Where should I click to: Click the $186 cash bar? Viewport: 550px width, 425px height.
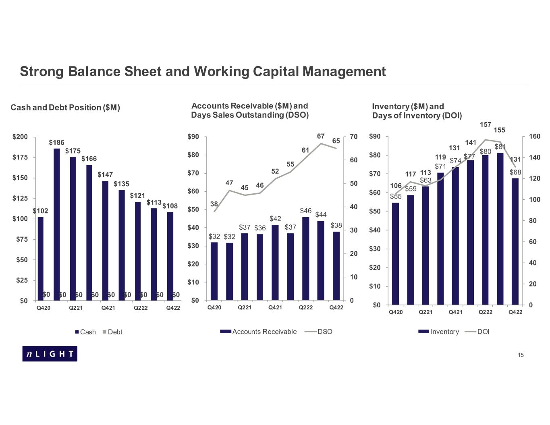pyautogui.click(x=57, y=224)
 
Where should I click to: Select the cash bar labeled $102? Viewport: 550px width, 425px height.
pyautogui.click(x=40, y=258)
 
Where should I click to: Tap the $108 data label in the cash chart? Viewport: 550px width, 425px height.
pyautogui.click(x=170, y=206)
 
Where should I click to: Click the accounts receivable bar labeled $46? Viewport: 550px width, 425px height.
pyautogui.click(x=306, y=258)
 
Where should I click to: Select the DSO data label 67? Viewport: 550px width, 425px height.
pyautogui.click(x=321, y=136)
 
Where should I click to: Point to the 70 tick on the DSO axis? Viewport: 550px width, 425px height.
pyautogui.click(x=354, y=137)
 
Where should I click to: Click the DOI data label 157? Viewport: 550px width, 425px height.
pyautogui.click(x=486, y=124)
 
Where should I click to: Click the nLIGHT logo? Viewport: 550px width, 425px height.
pyautogui.click(x=50, y=354)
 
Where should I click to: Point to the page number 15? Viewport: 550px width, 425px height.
pyautogui.click(x=521, y=355)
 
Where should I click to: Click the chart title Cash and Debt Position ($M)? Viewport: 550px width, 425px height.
pyautogui.click(x=65, y=108)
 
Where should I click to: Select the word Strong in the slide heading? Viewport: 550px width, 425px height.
pyautogui.click(x=42, y=71)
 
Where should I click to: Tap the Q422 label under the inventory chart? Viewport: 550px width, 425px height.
pyautogui.click(x=515, y=312)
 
